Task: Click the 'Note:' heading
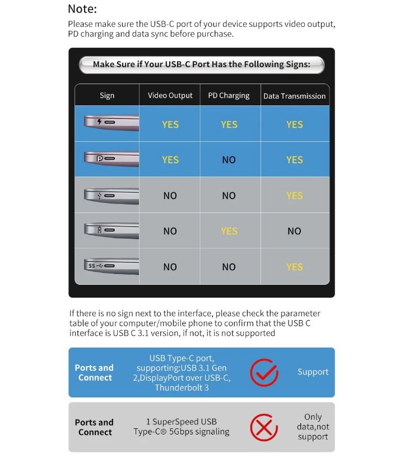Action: [x=82, y=9]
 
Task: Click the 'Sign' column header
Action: [x=107, y=95]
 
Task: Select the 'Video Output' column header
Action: [x=170, y=95]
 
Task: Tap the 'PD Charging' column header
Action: [x=229, y=95]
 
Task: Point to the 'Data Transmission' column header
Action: [x=294, y=96]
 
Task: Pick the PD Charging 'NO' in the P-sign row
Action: [x=229, y=160]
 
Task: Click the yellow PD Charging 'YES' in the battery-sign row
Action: [x=229, y=231]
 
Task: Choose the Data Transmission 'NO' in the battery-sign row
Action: [x=294, y=231]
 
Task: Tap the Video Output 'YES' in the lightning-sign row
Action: [x=170, y=124]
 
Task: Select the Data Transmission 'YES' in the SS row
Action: [x=294, y=267]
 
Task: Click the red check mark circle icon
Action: [x=264, y=372]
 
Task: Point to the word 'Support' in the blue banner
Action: [x=313, y=372]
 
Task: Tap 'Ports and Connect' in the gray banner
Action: [x=94, y=427]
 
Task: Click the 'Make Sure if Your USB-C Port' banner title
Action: [x=201, y=64]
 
